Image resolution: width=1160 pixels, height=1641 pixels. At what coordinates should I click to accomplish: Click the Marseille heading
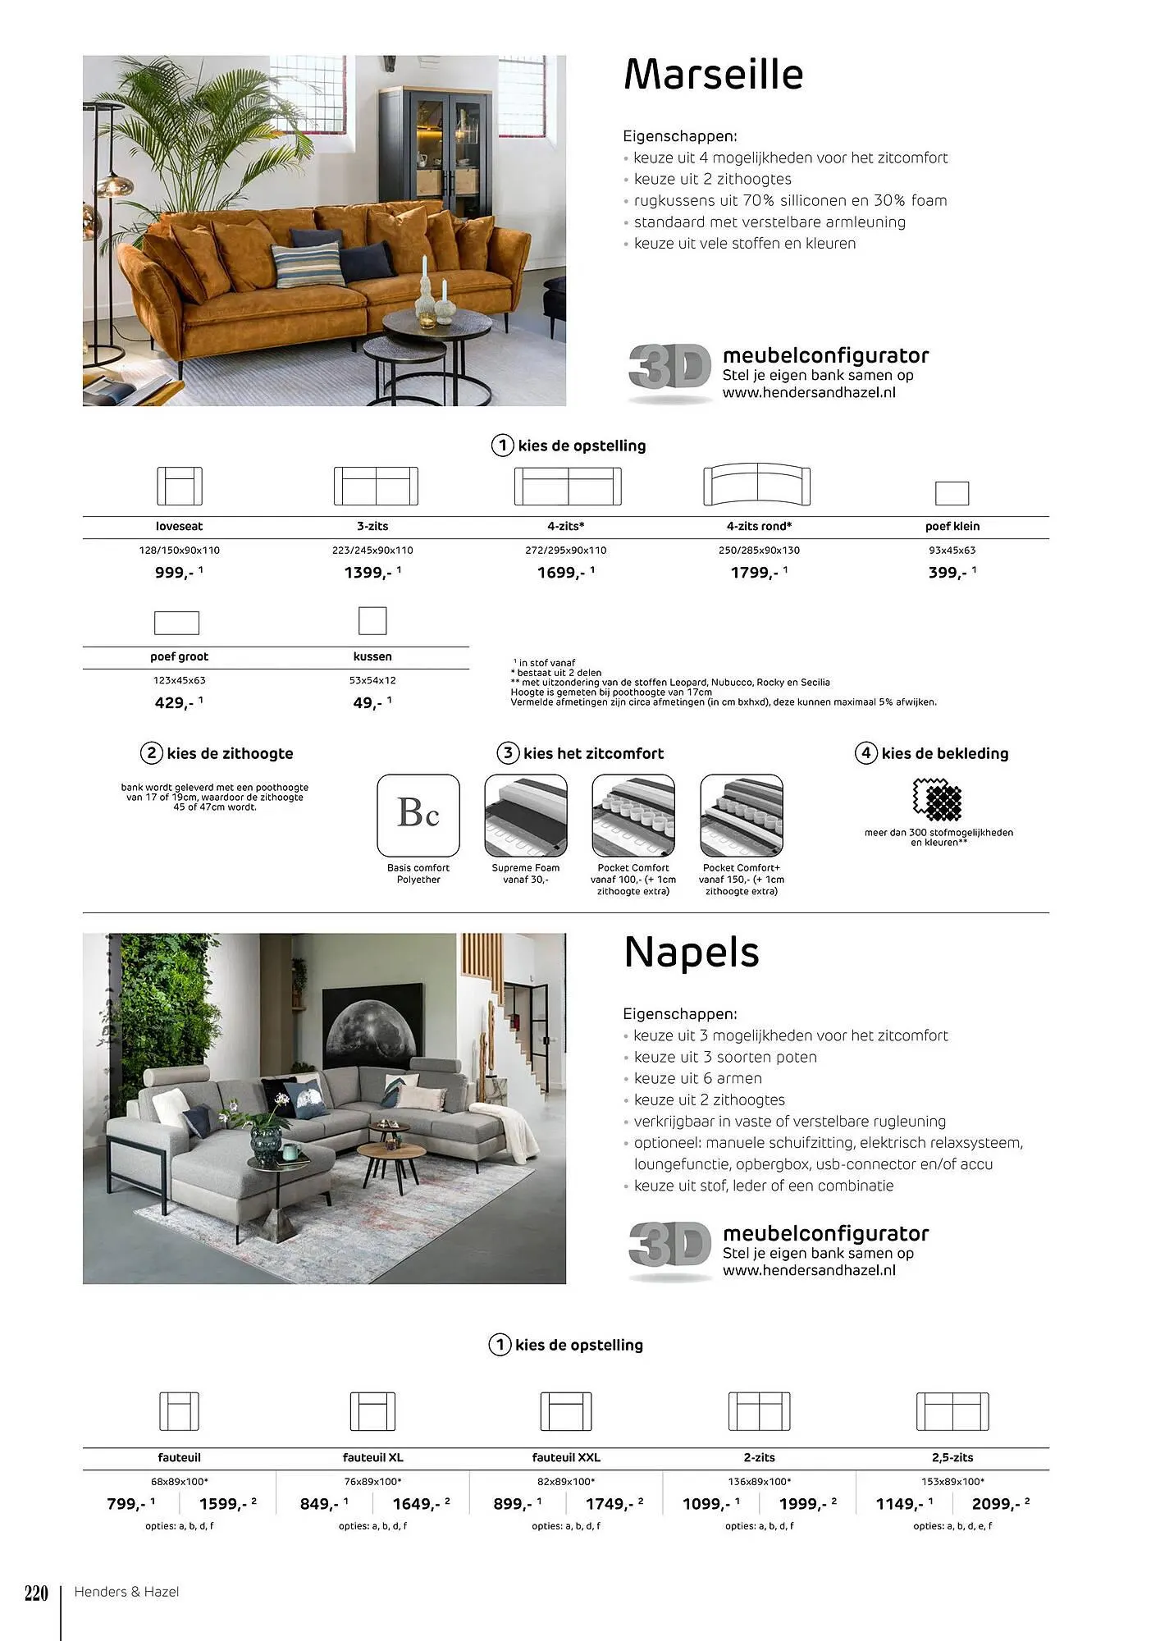pyautogui.click(x=713, y=74)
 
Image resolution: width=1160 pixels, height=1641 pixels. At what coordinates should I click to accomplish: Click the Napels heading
pyautogui.click(x=691, y=952)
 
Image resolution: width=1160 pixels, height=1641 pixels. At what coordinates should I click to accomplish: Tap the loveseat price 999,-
pyautogui.click(x=175, y=573)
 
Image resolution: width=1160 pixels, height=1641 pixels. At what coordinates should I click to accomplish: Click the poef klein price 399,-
pyautogui.click(x=948, y=573)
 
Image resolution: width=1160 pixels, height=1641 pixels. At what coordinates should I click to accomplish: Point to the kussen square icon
pyautogui.click(x=372, y=621)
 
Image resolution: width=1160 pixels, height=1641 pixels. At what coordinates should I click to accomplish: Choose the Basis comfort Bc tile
pyautogui.click(x=418, y=815)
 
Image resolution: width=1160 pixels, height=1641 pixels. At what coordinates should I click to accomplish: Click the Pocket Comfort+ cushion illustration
pyautogui.click(x=742, y=815)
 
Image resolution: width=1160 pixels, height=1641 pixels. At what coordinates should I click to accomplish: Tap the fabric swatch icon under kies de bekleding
pyautogui.click(x=937, y=799)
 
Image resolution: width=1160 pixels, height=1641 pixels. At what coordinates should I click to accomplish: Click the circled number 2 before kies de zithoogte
pyautogui.click(x=151, y=753)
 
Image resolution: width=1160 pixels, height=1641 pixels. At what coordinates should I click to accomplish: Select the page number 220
pyautogui.click(x=36, y=1593)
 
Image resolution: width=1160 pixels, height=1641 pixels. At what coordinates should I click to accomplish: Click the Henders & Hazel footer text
pyautogui.click(x=126, y=1592)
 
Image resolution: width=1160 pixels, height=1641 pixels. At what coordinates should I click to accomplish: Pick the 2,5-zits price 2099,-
pyautogui.click(x=996, y=1504)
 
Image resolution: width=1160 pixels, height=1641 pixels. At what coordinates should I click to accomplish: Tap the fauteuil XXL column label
pyautogui.click(x=566, y=1458)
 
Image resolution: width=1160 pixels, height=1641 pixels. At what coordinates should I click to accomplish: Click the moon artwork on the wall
pyautogui.click(x=374, y=1026)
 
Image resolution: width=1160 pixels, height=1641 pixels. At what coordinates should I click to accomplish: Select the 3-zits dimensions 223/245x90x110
pyautogui.click(x=372, y=551)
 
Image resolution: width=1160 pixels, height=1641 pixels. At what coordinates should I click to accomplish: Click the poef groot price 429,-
pyautogui.click(x=175, y=703)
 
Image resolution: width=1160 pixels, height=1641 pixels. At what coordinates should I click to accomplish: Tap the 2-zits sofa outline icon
pyautogui.click(x=759, y=1411)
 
